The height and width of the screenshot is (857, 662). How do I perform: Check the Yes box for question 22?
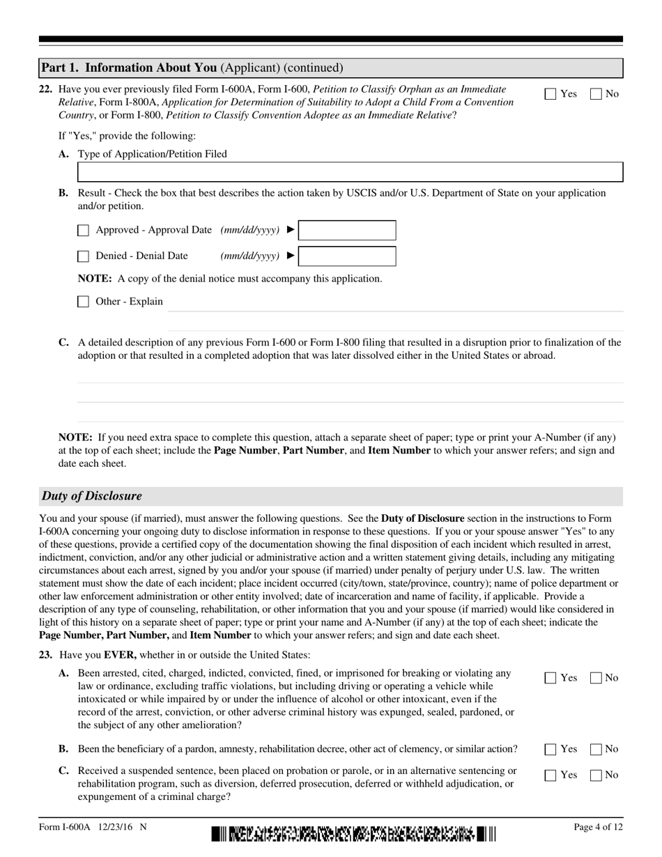tap(551, 94)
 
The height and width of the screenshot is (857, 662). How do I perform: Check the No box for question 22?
tap(596, 94)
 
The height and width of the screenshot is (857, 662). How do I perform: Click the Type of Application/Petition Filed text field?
tap(350, 172)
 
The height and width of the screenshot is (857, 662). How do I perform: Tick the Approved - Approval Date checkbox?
tap(84, 231)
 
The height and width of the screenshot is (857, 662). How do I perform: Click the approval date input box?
tap(347, 231)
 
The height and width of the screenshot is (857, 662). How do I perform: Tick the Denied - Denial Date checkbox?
tap(84, 256)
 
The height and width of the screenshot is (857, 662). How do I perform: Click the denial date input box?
tap(347, 256)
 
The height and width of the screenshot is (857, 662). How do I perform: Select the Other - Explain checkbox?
tap(84, 302)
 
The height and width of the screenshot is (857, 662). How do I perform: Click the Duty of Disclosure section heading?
tap(92, 496)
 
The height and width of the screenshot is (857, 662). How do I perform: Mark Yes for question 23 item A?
tap(551, 678)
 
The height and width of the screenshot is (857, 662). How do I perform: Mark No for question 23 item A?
tap(596, 678)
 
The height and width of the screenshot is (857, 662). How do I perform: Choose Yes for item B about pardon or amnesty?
tap(551, 750)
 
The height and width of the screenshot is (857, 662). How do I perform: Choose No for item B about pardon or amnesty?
tap(596, 750)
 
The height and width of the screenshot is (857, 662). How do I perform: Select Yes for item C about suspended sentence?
tap(551, 775)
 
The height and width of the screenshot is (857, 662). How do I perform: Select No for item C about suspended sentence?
tap(596, 775)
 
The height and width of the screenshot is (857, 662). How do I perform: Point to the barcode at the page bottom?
tap(353, 833)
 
